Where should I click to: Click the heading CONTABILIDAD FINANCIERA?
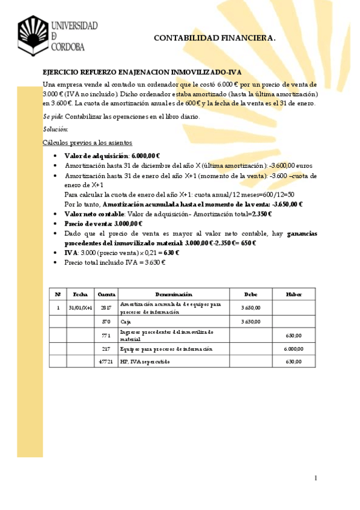click(215, 38)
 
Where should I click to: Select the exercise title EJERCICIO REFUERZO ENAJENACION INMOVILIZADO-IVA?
click(142, 72)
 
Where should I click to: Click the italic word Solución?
click(55, 129)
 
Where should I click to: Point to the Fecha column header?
click(80, 294)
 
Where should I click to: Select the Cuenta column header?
click(106, 294)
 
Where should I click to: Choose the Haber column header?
click(293, 294)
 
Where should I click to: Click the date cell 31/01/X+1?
click(80, 308)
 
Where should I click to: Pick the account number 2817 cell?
click(106, 308)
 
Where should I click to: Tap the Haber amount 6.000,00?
click(293, 348)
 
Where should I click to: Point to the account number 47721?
click(106, 361)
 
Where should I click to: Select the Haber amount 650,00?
click(293, 335)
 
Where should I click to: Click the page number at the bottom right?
click(315, 478)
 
